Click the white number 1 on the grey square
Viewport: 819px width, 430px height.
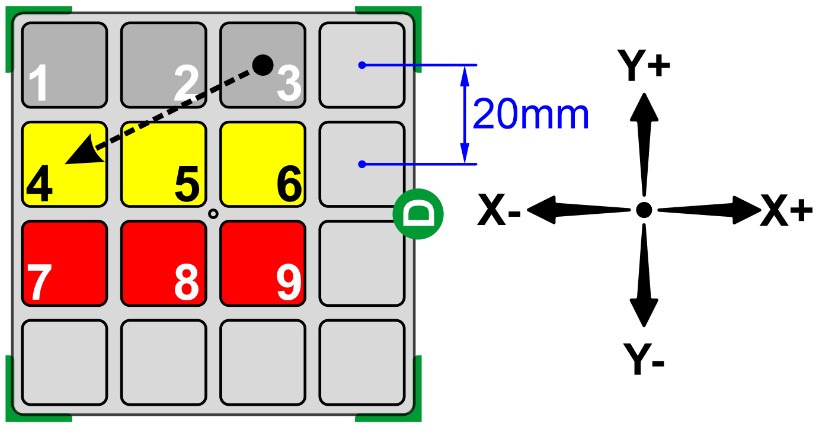click(39, 84)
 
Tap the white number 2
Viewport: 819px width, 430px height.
click(187, 84)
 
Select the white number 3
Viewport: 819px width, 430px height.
click(289, 84)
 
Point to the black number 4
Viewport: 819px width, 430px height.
click(39, 184)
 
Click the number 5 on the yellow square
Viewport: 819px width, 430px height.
click(187, 184)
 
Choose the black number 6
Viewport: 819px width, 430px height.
click(289, 184)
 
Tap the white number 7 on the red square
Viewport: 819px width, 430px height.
click(39, 283)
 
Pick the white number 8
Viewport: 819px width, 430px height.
click(187, 283)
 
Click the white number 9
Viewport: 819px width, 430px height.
click(289, 283)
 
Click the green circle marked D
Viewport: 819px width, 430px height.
click(418, 214)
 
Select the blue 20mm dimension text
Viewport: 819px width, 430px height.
click(531, 115)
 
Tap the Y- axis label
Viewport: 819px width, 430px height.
click(644, 358)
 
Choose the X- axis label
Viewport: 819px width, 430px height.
click(499, 211)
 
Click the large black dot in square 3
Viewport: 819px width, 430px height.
click(263, 63)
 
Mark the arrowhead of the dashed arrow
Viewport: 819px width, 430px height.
click(81, 153)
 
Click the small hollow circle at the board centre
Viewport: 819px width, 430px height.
click(213, 214)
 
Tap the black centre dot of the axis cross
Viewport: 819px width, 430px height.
click(644, 209)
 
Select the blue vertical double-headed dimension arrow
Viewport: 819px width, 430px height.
click(465, 114)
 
